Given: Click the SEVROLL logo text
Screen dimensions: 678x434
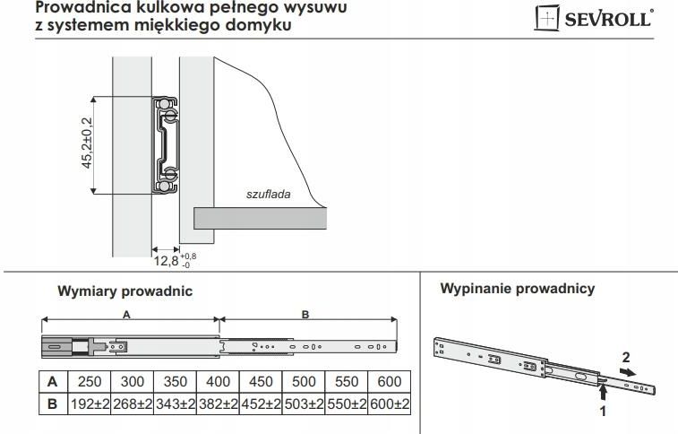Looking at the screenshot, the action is (608, 19).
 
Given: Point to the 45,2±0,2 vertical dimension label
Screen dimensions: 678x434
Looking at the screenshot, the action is (87, 143).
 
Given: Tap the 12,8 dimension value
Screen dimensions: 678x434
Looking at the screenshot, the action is (166, 260).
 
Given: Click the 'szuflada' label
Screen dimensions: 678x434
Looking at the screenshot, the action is (268, 194).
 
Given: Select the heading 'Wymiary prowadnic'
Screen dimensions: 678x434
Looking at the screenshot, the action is (125, 291).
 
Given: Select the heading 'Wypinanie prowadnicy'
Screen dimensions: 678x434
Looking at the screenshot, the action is (518, 289).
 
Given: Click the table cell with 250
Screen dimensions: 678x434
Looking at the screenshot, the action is (90, 382).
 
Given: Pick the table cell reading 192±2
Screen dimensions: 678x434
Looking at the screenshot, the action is (90, 404).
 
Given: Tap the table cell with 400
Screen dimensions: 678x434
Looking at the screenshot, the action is (218, 382).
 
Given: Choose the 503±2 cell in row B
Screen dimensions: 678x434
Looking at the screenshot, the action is (304, 404).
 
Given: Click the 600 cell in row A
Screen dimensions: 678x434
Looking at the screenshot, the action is (390, 382).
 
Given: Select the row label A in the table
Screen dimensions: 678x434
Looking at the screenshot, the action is (53, 382).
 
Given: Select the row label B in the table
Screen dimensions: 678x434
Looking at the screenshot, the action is (53, 404).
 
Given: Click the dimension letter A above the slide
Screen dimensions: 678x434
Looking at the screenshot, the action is (126, 315).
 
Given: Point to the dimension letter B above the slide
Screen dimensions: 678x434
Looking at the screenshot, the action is (305, 315).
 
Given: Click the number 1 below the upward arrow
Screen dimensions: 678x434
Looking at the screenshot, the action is (603, 411).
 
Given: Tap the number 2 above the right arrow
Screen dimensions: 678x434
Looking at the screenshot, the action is (626, 358).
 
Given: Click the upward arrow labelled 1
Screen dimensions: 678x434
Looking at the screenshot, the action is (604, 393).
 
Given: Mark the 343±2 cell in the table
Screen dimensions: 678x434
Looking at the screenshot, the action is (176, 404).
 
